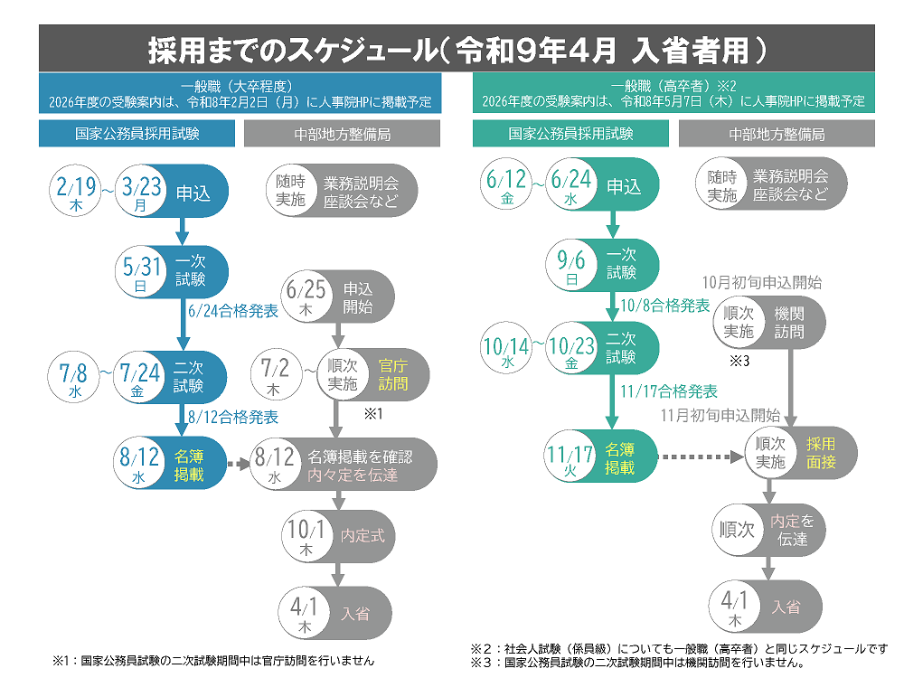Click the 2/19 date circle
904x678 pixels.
tap(75, 193)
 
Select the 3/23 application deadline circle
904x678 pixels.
tap(140, 193)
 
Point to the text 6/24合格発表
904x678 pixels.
tap(232, 311)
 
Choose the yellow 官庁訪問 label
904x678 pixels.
tap(392, 375)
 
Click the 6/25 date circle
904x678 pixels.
tap(306, 297)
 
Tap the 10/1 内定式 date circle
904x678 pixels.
tap(306, 536)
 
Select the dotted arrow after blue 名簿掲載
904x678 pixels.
tap(238, 466)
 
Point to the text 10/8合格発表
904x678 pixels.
tap(666, 306)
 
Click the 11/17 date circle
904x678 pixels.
tap(570, 459)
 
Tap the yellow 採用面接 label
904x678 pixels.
tap(821, 453)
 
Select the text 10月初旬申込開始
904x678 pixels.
tap(762, 282)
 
